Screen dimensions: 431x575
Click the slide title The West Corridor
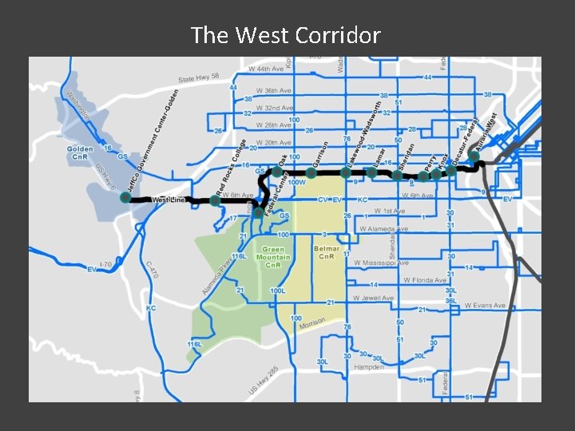286,35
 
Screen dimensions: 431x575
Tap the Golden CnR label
81,153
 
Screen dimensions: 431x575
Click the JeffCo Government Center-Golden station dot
125,197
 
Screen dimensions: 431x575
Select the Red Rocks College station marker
215,200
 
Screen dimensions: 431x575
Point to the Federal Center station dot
257,212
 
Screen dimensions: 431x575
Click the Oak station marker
276,172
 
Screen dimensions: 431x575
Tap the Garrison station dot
311,172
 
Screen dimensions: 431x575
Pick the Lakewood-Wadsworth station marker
345,172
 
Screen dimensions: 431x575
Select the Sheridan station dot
397,176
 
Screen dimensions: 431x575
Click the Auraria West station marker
474,157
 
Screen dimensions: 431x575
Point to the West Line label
169,200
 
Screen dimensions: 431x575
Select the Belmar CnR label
327,253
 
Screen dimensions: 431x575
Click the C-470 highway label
153,270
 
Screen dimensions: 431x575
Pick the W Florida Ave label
425,280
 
